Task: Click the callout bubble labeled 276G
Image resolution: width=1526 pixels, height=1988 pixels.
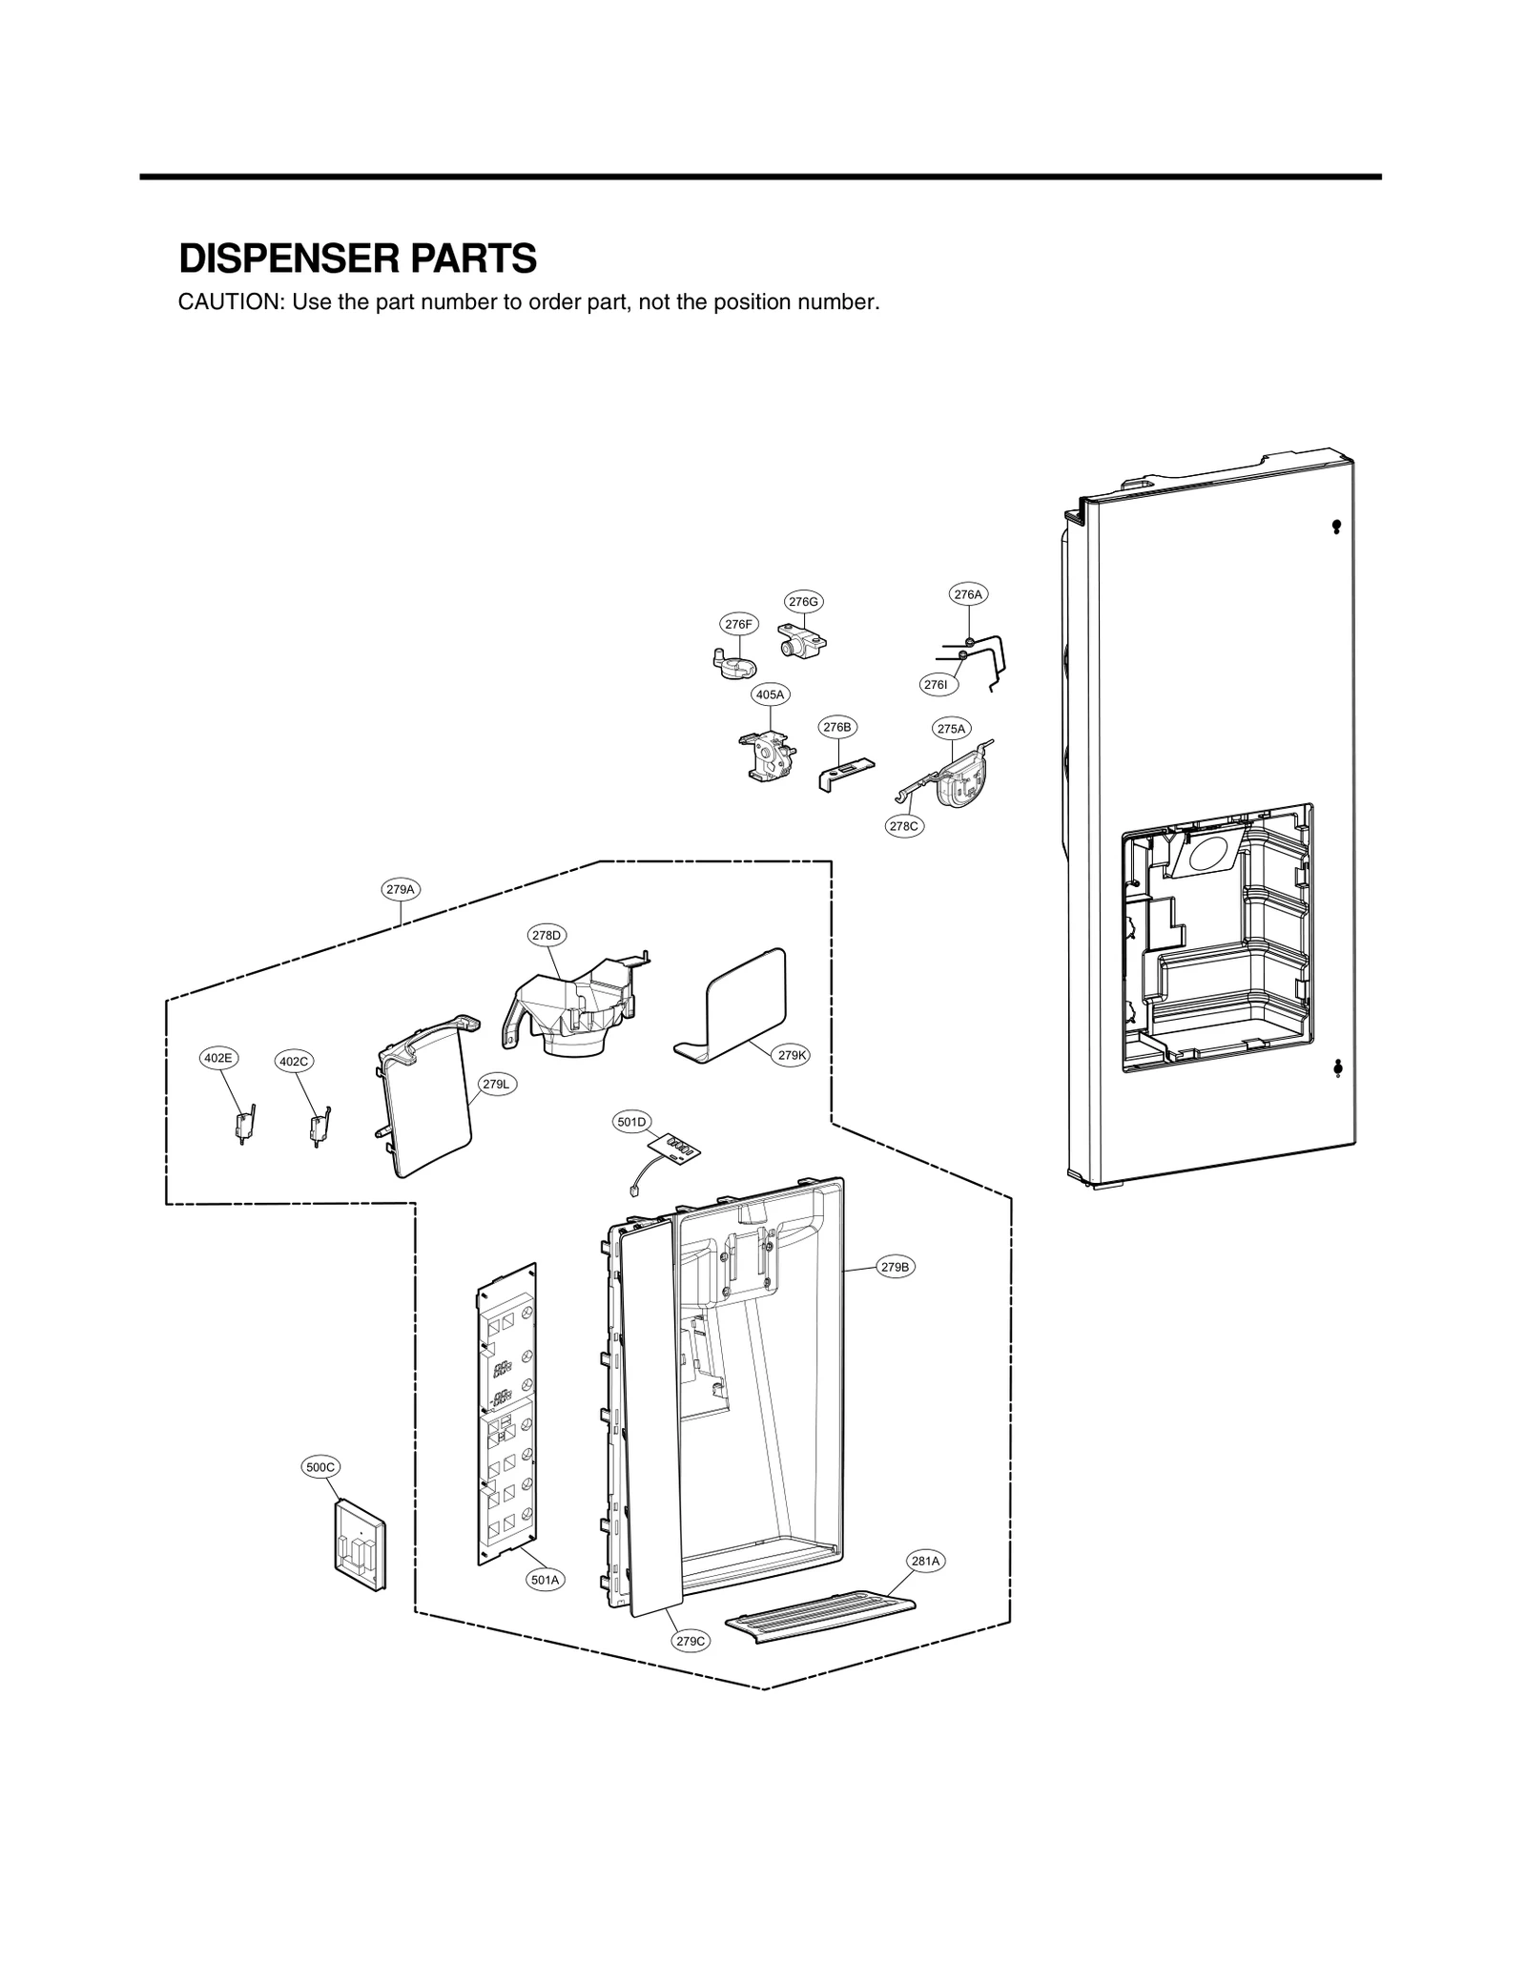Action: click(x=803, y=601)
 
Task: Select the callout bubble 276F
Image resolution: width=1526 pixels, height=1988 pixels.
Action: click(x=738, y=624)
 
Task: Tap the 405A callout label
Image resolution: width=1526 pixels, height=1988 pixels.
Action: click(x=770, y=694)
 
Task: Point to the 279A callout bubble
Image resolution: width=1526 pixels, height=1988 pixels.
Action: click(x=401, y=889)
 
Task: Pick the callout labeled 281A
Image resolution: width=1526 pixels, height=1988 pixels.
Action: click(x=925, y=1561)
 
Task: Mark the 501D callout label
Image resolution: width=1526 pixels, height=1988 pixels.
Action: click(x=631, y=1122)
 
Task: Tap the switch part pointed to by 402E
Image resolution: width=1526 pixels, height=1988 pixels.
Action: click(x=244, y=1126)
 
